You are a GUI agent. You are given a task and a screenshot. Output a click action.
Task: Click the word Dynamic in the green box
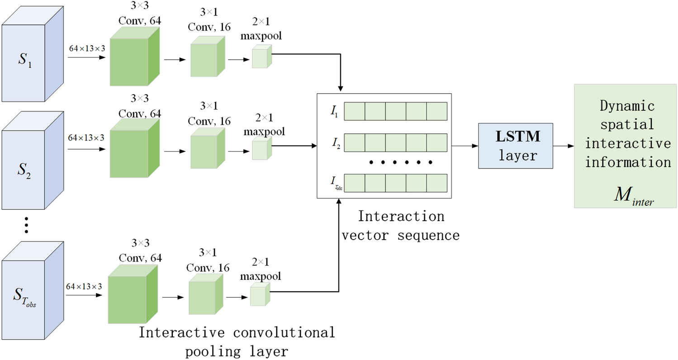coord(626,107)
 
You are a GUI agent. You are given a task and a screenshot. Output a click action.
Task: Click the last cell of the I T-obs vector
coord(436,183)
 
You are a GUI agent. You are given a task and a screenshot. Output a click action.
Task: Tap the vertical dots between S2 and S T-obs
coord(26,225)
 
